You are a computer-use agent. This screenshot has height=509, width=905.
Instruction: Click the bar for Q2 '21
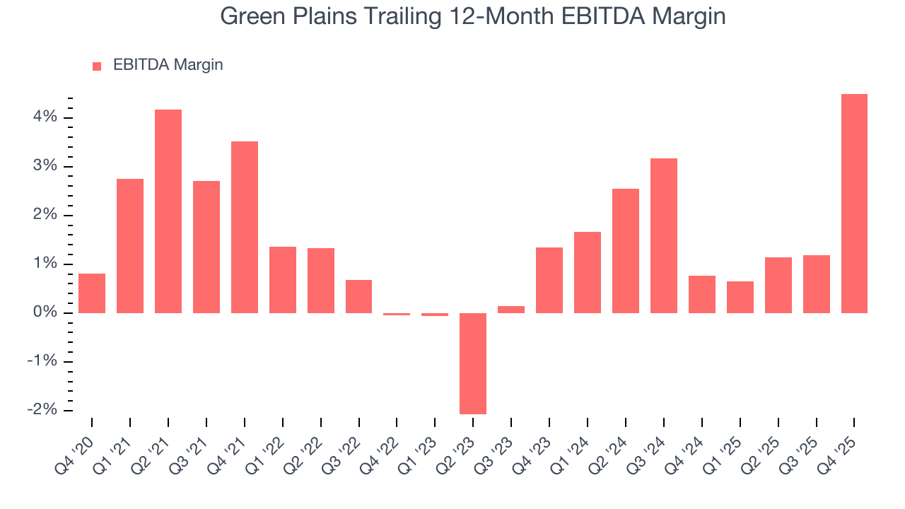click(x=168, y=211)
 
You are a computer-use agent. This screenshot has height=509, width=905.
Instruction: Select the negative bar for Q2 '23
click(x=473, y=363)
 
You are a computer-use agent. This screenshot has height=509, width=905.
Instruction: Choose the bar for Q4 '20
click(x=92, y=293)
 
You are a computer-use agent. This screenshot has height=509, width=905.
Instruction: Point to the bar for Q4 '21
click(x=245, y=227)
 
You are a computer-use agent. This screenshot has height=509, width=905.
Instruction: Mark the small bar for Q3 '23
click(x=511, y=310)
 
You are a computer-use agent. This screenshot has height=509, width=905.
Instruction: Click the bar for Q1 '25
click(x=740, y=297)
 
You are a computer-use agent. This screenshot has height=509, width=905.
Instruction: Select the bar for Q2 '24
click(x=626, y=251)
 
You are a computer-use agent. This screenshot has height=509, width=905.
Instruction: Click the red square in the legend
click(x=97, y=66)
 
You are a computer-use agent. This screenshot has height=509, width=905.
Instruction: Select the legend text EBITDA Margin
click(x=168, y=65)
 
